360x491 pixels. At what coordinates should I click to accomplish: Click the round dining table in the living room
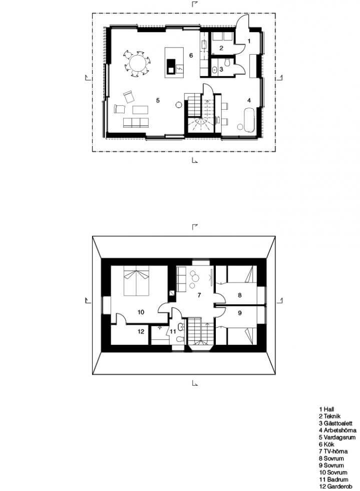pyautogui.click(x=138, y=63)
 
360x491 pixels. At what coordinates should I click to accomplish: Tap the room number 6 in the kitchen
pyautogui.click(x=191, y=56)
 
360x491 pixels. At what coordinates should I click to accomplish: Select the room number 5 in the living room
pyautogui.click(x=158, y=100)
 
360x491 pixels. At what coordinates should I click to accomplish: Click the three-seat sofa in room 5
pyautogui.click(x=135, y=122)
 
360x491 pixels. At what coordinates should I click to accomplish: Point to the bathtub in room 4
pyautogui.click(x=248, y=119)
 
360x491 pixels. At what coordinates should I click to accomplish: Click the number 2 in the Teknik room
pyautogui.click(x=221, y=48)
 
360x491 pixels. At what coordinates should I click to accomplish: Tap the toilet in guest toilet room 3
pyautogui.click(x=228, y=63)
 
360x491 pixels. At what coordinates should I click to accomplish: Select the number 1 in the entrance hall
pyautogui.click(x=249, y=41)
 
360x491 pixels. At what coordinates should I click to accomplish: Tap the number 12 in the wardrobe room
pyautogui.click(x=141, y=331)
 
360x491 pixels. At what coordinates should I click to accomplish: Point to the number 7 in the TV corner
pyautogui.click(x=199, y=295)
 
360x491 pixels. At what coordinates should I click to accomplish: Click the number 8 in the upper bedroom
pyautogui.click(x=240, y=295)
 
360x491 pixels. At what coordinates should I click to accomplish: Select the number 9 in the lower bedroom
pyautogui.click(x=240, y=313)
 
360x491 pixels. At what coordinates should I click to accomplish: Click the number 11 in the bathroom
pyautogui.click(x=173, y=331)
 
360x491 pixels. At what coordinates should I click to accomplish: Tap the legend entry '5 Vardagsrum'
pyautogui.click(x=337, y=437)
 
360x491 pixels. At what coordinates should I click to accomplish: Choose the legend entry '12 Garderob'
pyautogui.click(x=335, y=486)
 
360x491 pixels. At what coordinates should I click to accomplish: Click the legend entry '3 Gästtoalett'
pyautogui.click(x=335, y=423)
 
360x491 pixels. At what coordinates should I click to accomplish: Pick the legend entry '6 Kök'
pyautogui.click(x=326, y=444)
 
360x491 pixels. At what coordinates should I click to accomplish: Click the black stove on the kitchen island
pyautogui.click(x=171, y=66)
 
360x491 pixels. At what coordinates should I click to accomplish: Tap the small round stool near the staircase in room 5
pyautogui.click(x=179, y=105)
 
